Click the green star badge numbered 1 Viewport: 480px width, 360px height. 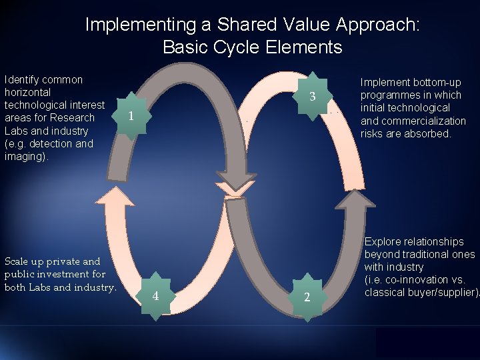(x=132, y=115)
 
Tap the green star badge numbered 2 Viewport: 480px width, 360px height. (x=307, y=297)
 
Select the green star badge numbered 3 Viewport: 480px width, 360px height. (x=311, y=97)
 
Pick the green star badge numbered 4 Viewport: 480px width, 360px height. (x=155, y=295)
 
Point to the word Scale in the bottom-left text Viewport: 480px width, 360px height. (x=18, y=261)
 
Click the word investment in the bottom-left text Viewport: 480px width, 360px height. (x=83, y=274)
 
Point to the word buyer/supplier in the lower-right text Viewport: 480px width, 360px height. (x=443, y=293)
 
